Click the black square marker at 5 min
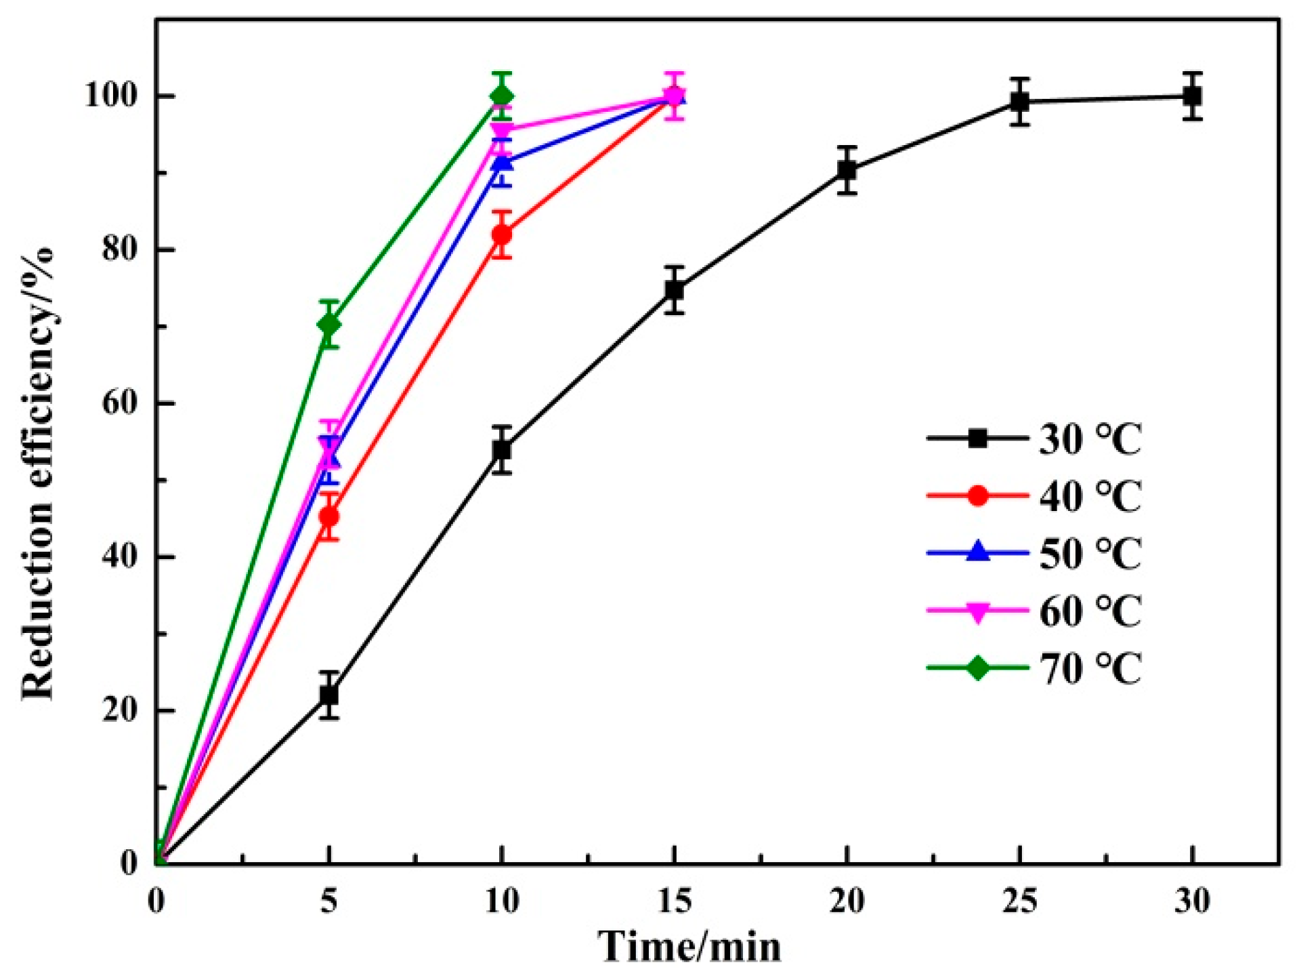(329, 695)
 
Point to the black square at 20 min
(847, 170)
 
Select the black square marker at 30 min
(1192, 96)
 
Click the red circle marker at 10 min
(502, 234)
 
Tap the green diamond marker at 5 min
(329, 325)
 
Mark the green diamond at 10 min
(502, 96)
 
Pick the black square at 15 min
(674, 290)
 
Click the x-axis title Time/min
(689, 947)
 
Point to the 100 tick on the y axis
(110, 96)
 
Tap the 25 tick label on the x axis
(1019, 901)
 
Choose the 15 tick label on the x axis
(674, 901)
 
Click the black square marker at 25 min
(1019, 102)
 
